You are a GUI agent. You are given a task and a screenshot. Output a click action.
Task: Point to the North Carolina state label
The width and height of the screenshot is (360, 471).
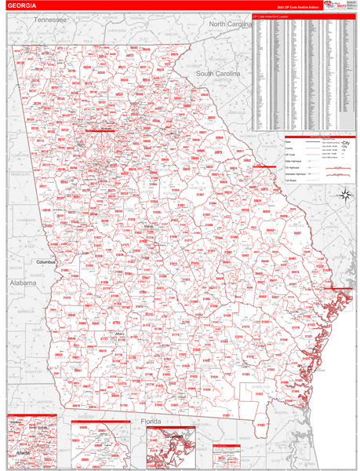229,24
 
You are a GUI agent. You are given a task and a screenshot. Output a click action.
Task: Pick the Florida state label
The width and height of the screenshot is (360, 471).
150,421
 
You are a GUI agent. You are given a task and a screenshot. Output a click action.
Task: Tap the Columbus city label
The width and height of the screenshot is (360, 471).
48,261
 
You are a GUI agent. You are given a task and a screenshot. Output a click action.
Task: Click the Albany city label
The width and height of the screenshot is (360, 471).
120,334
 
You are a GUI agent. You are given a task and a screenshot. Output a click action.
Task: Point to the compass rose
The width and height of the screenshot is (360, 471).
343,195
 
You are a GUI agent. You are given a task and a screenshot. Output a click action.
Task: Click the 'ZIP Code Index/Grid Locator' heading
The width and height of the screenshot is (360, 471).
271,15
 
